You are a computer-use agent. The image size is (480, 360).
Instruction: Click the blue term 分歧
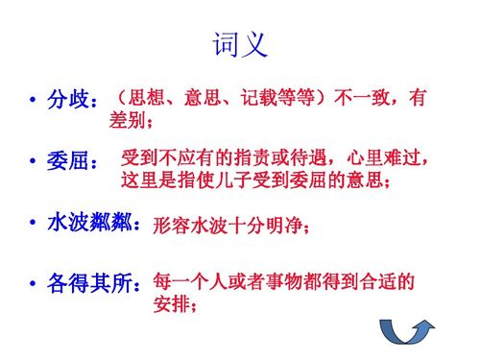click(x=68, y=100)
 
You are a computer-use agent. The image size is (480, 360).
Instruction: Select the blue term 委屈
click(x=68, y=161)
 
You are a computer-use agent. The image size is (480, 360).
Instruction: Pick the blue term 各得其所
click(x=92, y=285)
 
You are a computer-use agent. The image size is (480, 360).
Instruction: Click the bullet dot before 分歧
click(x=33, y=101)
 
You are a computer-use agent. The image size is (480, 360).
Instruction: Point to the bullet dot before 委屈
click(x=33, y=162)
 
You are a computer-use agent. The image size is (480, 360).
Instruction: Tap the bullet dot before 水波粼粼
click(x=33, y=224)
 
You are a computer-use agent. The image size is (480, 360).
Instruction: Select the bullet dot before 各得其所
click(x=33, y=286)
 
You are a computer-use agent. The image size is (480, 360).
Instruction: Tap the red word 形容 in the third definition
click(x=171, y=227)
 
